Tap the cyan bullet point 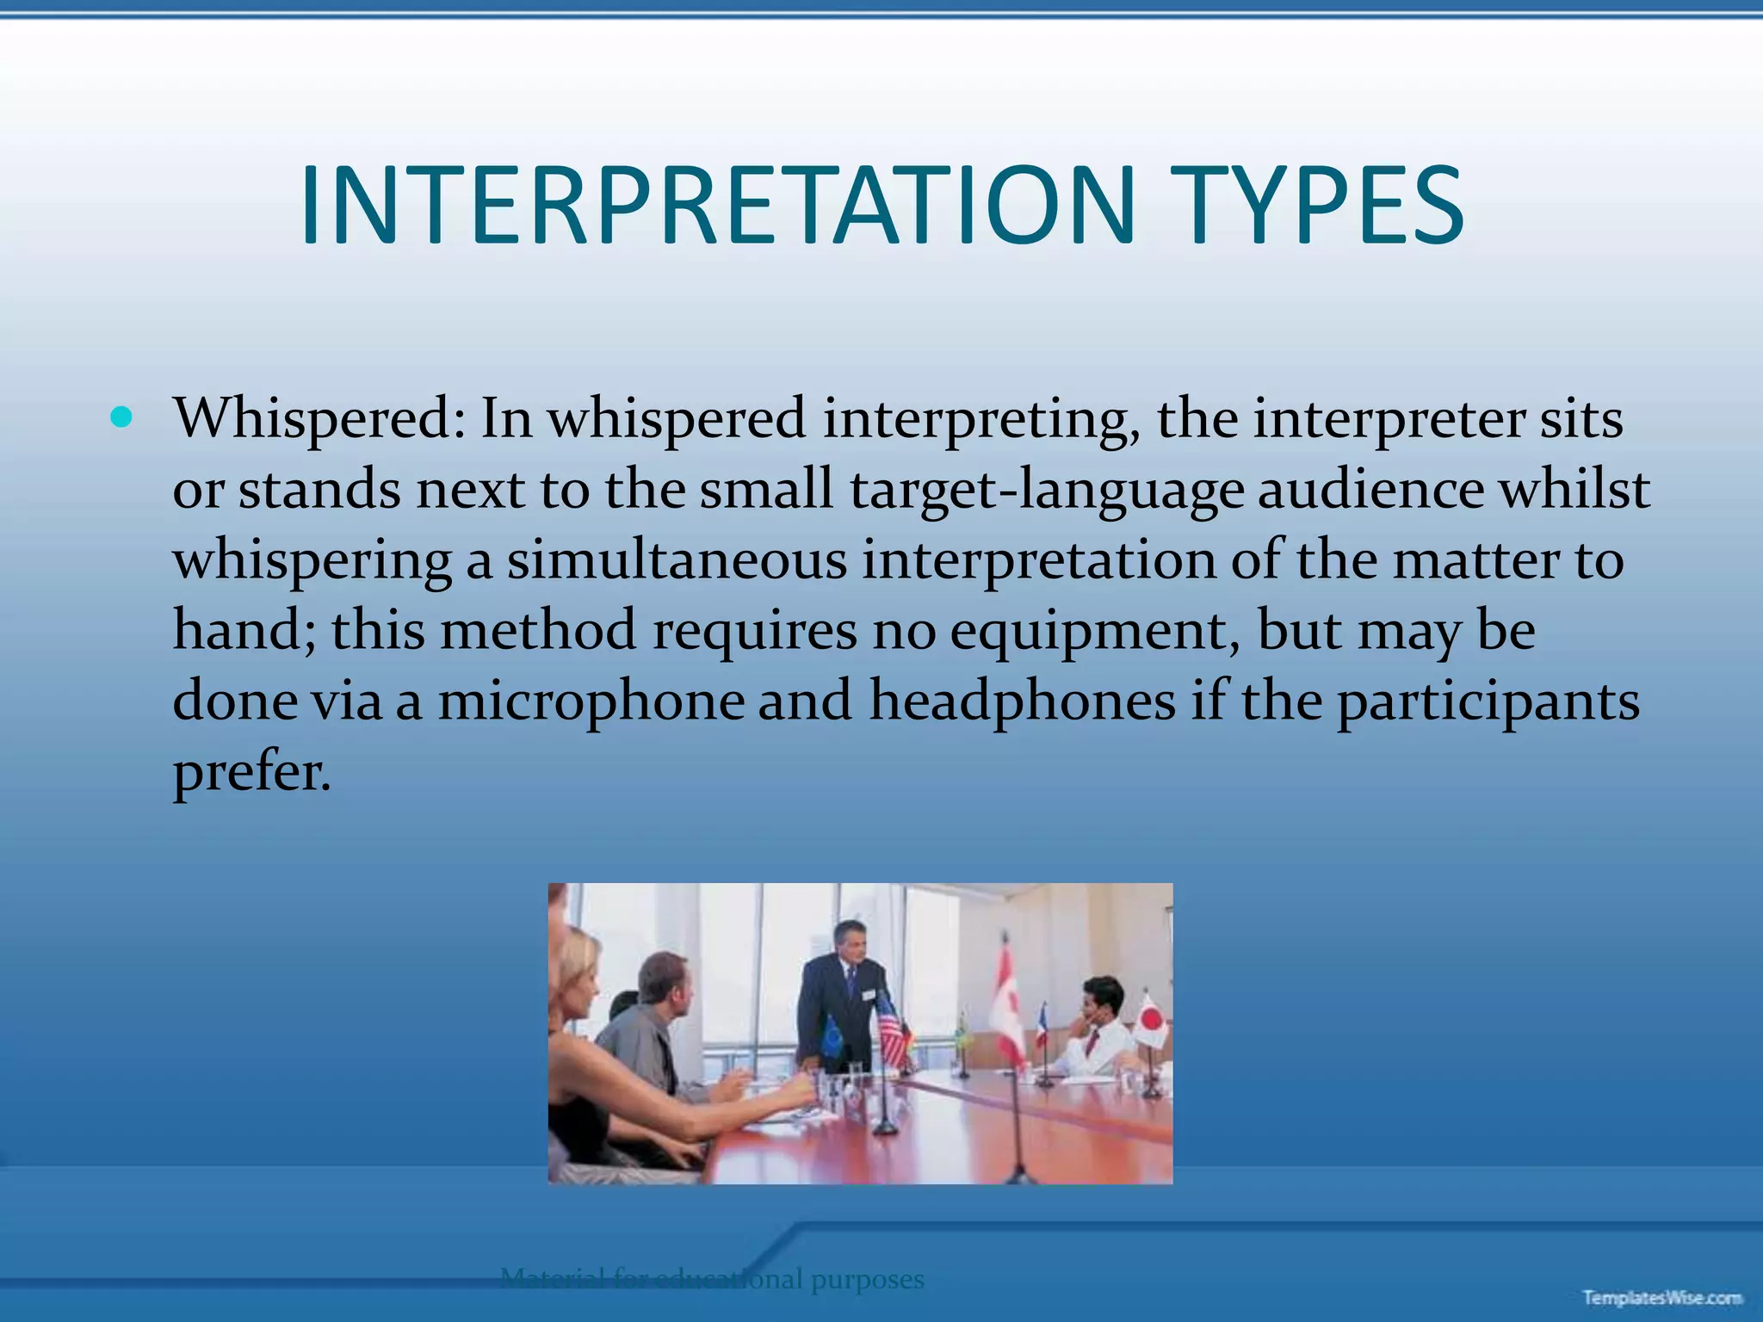point(121,418)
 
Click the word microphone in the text point(591,701)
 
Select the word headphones point(1022,701)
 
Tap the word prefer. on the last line point(251,771)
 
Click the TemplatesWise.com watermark point(1661,1297)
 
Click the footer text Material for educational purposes point(712,1279)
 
